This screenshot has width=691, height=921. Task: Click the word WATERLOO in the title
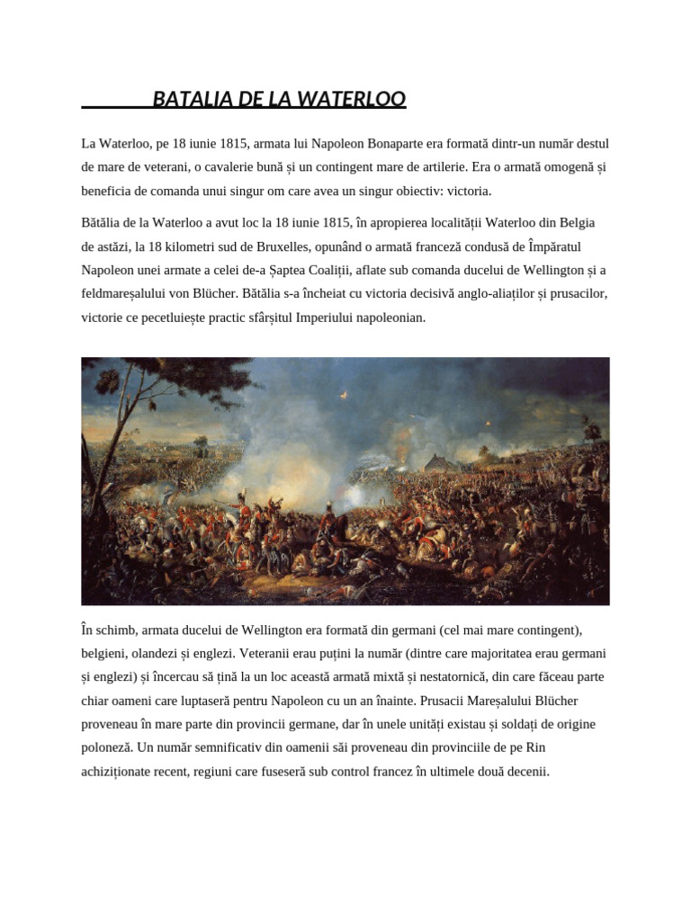(357, 98)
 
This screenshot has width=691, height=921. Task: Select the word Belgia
(573, 222)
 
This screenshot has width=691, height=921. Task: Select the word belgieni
(105, 654)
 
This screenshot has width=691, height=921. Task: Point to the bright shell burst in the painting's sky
(487, 421)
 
